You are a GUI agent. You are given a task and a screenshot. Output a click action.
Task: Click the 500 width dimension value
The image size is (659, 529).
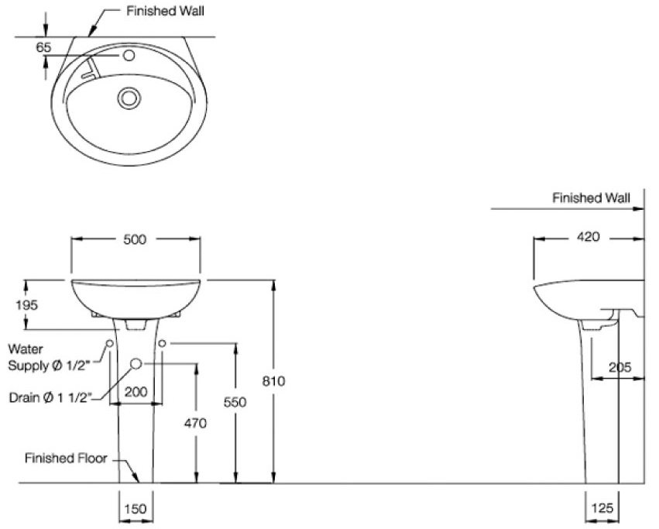coord(136,239)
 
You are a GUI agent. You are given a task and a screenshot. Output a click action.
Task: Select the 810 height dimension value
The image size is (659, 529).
coord(275,381)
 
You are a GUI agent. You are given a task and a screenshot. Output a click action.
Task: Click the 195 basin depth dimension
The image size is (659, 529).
coord(26,304)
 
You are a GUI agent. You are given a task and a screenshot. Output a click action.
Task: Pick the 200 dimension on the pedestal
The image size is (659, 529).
coord(136,393)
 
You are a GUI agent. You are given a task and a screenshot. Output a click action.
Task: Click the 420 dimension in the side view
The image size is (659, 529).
coord(588,238)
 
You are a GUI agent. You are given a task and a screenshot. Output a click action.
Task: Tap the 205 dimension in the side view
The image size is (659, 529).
coord(620,367)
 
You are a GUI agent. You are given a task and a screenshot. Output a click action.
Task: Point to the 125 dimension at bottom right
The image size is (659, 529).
coord(602,508)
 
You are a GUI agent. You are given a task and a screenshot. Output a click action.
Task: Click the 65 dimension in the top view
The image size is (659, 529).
coord(43,47)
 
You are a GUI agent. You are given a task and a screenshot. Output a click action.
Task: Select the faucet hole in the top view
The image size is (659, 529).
coord(129,57)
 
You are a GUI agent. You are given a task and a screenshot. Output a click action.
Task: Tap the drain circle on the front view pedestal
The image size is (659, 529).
coord(136,364)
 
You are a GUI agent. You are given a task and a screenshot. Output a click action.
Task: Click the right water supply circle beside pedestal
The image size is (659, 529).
coord(163,342)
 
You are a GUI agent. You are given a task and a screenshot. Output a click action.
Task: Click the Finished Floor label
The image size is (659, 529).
coord(65,458)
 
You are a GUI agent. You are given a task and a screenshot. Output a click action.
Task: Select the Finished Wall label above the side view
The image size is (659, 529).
coord(590,198)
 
